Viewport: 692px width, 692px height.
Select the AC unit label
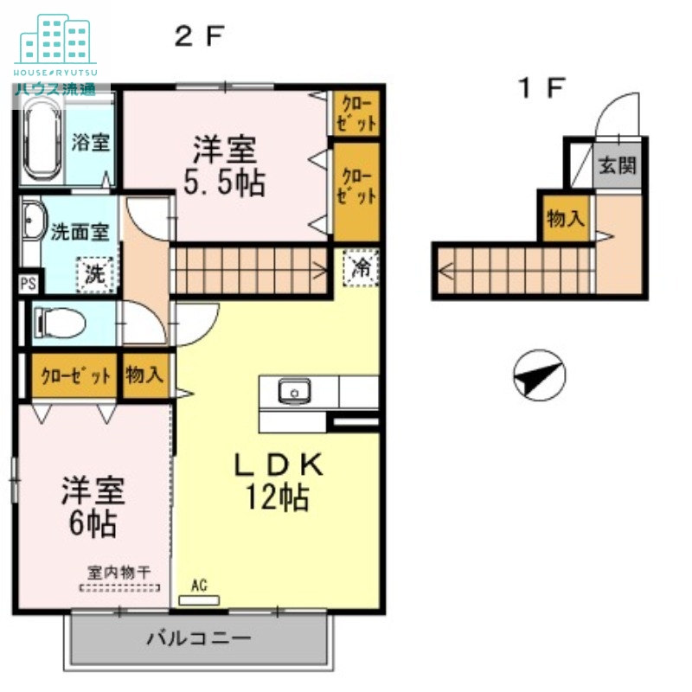tap(199, 586)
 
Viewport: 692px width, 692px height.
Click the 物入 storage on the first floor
tap(565, 219)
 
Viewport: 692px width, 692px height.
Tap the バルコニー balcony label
tap(198, 639)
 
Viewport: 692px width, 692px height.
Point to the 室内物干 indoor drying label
tap(119, 572)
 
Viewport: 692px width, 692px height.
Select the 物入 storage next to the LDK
tap(144, 375)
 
